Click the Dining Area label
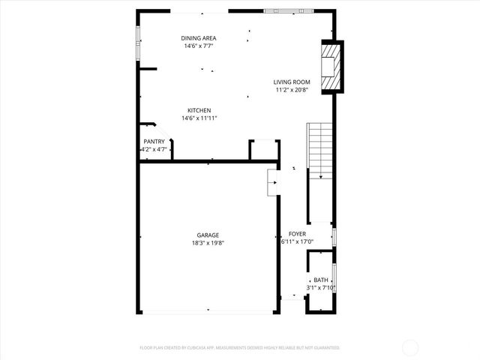click(199, 38)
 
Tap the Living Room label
click(292, 82)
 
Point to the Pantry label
click(154, 142)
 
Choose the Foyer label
click(297, 234)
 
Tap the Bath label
click(320, 280)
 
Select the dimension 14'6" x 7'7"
click(199, 46)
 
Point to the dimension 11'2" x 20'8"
click(292, 90)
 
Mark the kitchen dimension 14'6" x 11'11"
click(199, 118)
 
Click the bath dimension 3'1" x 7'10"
click(320, 287)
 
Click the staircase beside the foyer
click(320, 150)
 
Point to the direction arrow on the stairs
click(320, 175)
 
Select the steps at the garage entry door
click(274, 182)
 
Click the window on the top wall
click(289, 11)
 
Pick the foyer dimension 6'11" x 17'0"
click(297, 241)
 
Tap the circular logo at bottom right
click(411, 347)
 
